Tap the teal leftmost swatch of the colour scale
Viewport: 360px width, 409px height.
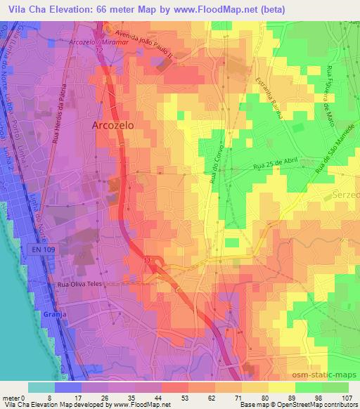pyautogui.click(x=41, y=387)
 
